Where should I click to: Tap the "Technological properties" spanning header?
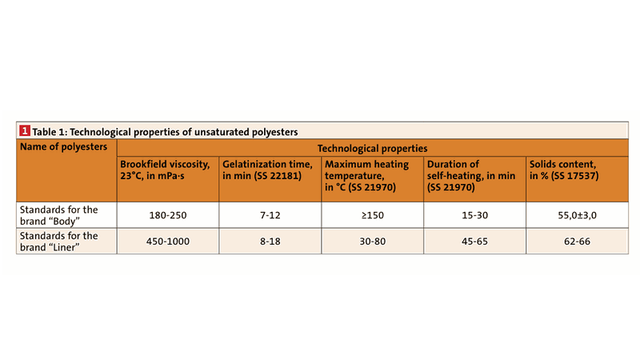372,148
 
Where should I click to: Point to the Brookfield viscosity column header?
166,170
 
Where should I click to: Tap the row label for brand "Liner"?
58,241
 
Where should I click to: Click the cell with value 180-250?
168,215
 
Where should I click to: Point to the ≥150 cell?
371,215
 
